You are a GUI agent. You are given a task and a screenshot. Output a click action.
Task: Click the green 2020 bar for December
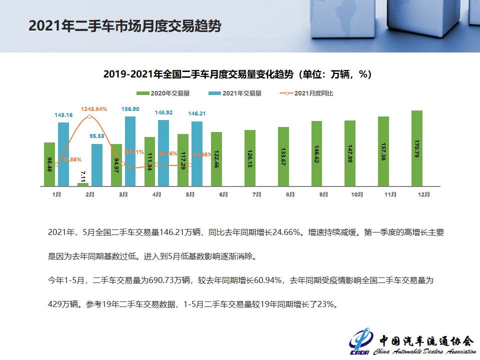click(417, 148)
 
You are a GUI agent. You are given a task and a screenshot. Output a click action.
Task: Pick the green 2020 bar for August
click(283, 156)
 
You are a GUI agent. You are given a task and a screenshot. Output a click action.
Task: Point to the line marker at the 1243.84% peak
click(89, 116)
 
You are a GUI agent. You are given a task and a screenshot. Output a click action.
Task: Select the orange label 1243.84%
click(94, 109)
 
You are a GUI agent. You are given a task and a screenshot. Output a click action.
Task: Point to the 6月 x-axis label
click(223, 194)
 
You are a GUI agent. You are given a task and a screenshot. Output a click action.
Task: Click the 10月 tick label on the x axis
click(357, 194)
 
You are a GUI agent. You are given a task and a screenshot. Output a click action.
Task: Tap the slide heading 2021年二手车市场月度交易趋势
click(124, 26)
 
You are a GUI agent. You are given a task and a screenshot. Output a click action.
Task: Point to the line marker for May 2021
click(190, 165)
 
